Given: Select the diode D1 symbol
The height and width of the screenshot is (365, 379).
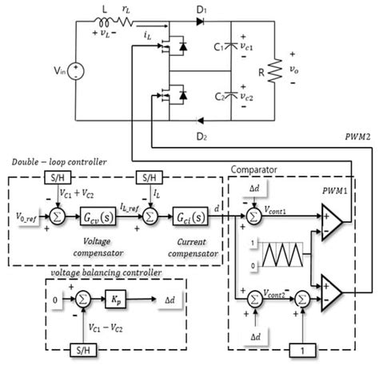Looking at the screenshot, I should coord(203,22).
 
